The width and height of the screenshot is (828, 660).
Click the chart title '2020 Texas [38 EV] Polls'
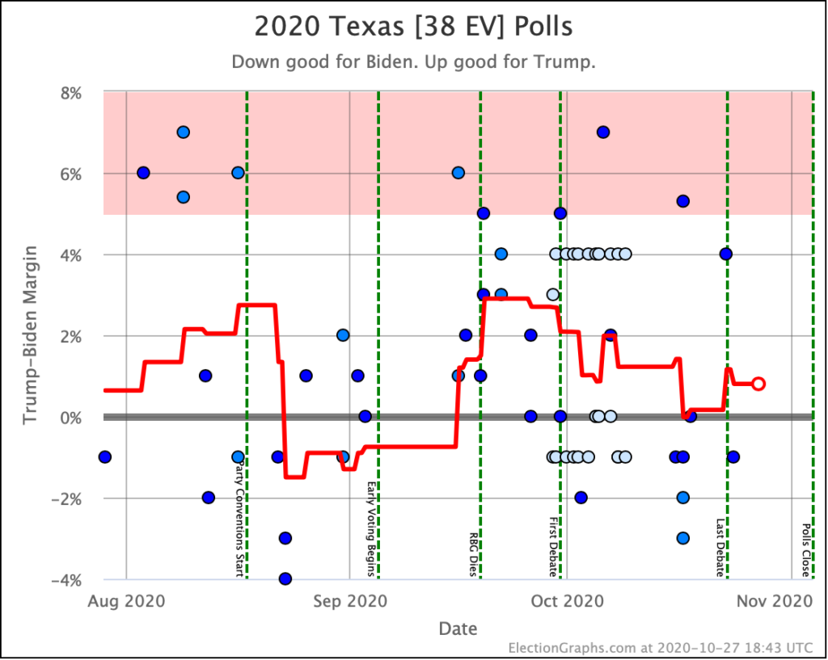413,27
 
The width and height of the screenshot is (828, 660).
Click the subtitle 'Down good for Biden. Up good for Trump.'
413,62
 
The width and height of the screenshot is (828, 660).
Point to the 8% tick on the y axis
71,92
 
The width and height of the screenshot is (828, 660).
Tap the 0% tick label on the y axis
71,417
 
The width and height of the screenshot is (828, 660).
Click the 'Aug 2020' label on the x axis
127,601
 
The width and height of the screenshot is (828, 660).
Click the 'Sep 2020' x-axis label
349,601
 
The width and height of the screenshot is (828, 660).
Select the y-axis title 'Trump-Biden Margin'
30,336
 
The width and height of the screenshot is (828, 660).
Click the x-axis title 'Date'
458,628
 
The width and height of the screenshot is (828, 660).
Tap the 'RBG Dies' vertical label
474,553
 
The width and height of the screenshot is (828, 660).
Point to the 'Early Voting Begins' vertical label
371,529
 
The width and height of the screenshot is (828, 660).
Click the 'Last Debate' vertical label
720,548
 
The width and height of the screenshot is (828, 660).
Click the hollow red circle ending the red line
758,384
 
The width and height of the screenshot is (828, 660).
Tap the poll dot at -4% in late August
285,578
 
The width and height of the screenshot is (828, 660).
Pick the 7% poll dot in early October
602,132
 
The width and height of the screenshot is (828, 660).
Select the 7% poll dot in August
183,132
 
